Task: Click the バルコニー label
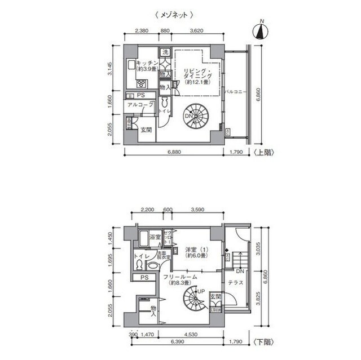click(233, 90)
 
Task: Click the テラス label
click(236, 282)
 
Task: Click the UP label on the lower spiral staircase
click(200, 291)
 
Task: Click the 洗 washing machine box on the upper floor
click(165, 52)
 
